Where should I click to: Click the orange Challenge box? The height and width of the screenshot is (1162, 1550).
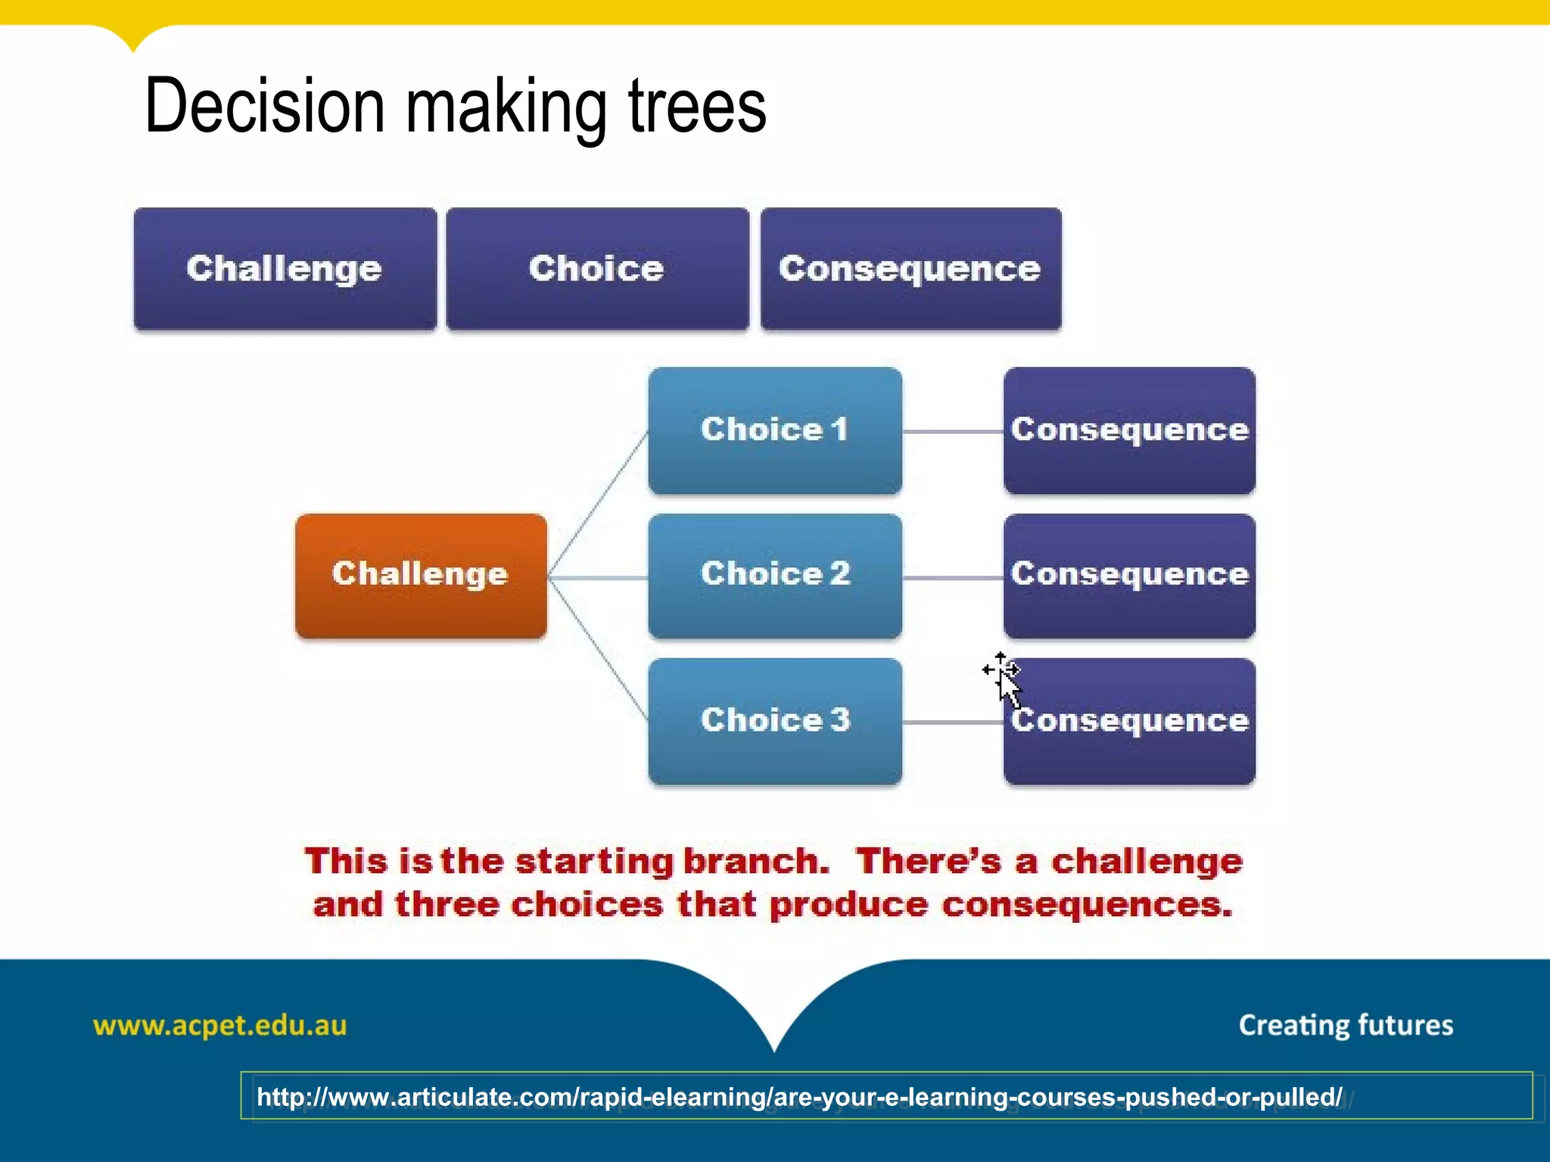(x=421, y=576)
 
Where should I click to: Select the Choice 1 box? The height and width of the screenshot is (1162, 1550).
(x=774, y=430)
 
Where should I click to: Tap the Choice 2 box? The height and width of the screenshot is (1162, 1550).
(x=774, y=575)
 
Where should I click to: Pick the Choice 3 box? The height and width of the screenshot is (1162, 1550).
(x=774, y=720)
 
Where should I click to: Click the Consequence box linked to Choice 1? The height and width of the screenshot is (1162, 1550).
(x=1129, y=430)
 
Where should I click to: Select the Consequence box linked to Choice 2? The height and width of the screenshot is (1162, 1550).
(x=1129, y=575)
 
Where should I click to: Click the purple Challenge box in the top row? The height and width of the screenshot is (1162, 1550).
(x=285, y=269)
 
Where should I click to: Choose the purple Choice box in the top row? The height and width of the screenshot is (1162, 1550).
(x=596, y=269)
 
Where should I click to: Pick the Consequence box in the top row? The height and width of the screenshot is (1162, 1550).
(x=910, y=269)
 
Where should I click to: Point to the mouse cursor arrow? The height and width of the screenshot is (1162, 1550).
(x=1007, y=685)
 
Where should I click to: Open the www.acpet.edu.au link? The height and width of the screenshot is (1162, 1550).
(x=219, y=1026)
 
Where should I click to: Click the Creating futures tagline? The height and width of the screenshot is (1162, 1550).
(x=1346, y=1025)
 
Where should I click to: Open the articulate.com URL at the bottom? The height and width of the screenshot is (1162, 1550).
(x=798, y=1097)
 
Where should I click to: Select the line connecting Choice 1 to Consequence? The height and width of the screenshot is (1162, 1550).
(x=953, y=431)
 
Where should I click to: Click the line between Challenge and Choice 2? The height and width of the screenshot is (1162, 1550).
(x=598, y=578)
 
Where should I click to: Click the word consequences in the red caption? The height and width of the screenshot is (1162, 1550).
(x=1087, y=905)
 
